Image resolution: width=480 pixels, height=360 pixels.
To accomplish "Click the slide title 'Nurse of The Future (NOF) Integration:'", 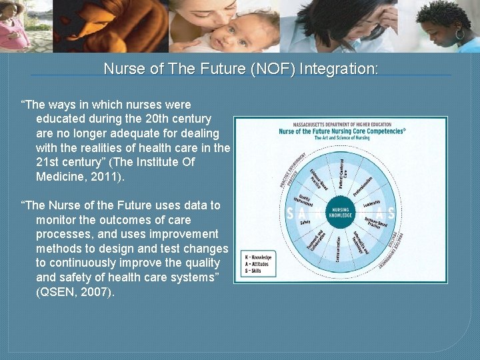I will (x=241, y=69).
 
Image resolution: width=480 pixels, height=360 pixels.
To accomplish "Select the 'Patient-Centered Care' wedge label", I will (x=341, y=173).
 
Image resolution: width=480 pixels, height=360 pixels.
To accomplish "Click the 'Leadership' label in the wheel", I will (x=371, y=202).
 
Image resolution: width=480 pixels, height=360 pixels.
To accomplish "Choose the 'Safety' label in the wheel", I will (x=305, y=222).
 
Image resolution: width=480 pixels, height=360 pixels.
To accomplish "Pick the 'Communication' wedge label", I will (x=338, y=249).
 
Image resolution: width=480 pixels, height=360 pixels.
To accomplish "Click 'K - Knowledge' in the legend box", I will (x=259, y=256).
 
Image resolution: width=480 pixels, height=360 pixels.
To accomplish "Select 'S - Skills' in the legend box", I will (x=255, y=271).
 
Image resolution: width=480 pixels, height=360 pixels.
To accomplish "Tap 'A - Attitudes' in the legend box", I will (x=257, y=264).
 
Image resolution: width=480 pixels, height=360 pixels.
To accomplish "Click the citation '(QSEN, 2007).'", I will (x=75, y=292).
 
